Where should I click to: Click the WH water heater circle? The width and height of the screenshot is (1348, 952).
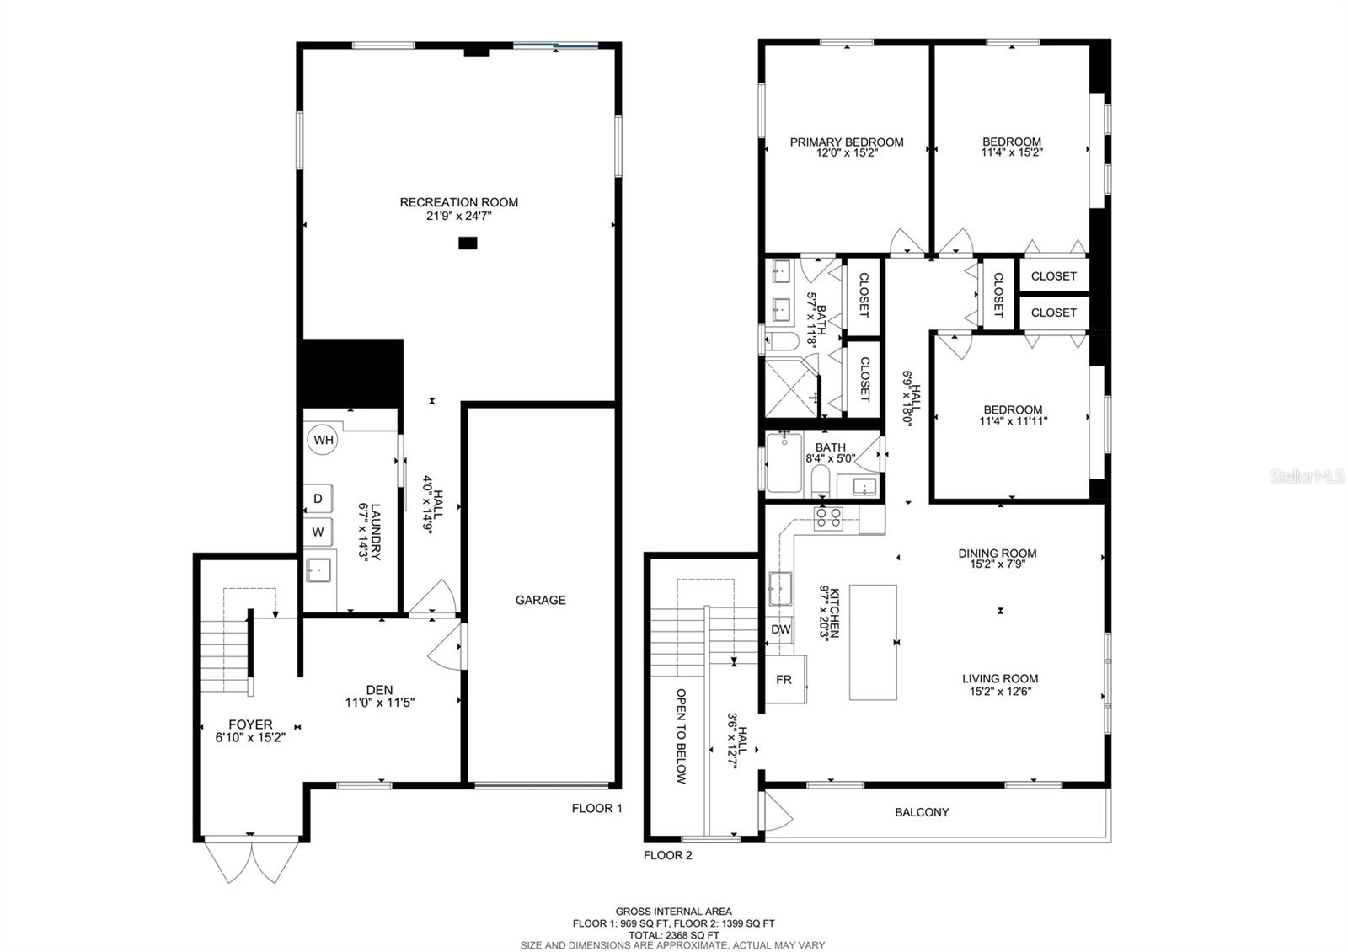323,440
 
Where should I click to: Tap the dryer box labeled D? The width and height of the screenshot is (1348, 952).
318,498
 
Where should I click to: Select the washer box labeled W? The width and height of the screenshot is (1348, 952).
318,532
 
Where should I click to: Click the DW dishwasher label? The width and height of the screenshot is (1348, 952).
780,629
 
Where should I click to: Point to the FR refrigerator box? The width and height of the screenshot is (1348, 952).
786,679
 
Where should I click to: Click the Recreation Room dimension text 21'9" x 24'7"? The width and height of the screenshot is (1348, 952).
459,216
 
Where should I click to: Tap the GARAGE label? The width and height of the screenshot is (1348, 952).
540,600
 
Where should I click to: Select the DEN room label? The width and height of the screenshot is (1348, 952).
379,690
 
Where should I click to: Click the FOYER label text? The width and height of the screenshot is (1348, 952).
250,725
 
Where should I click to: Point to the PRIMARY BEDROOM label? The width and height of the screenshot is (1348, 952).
847,142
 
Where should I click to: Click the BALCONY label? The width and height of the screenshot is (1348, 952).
922,812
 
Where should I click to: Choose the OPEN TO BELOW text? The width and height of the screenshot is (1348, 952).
682,736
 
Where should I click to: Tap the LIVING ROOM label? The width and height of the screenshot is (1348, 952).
1000,679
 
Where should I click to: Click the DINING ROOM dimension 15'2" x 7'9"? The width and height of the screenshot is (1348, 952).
998,564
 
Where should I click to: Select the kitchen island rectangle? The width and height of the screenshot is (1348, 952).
873,642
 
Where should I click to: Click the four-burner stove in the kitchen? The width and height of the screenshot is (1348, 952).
828,519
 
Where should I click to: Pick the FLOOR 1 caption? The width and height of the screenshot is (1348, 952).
597,808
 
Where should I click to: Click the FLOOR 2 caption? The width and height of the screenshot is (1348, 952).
668,855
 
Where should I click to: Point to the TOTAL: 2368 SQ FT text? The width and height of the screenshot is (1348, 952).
674,935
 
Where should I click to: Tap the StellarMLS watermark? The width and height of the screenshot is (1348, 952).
1307,477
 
